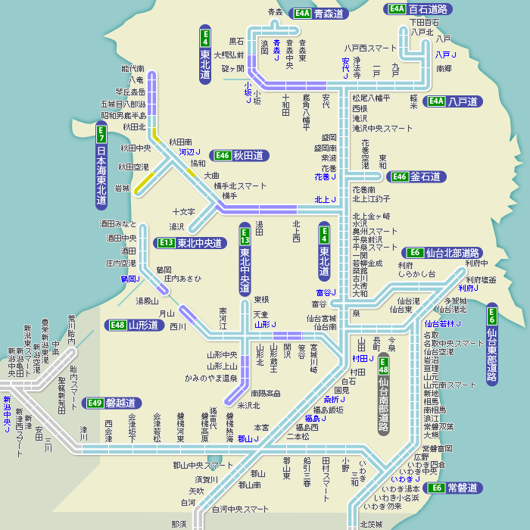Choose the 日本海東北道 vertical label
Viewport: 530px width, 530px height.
pos(101,167)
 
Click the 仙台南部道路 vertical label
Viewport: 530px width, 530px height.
pos(384,398)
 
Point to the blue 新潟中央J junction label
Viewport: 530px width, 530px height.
pos(7,414)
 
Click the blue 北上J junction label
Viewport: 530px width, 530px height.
pos(326,199)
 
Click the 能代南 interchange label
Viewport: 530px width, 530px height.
pos(132,69)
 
